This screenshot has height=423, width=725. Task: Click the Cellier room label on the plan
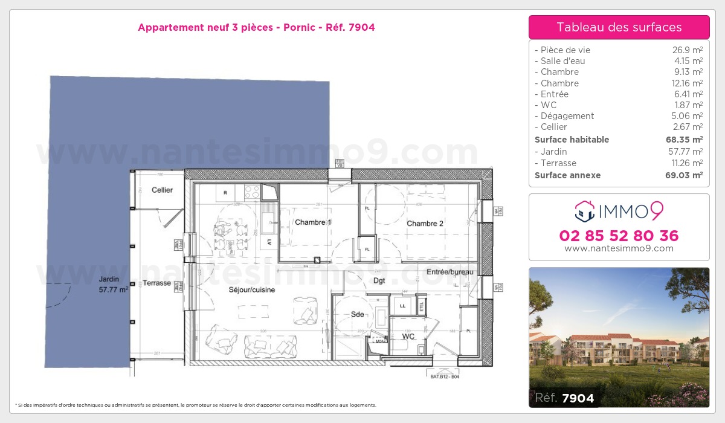[x=162, y=190]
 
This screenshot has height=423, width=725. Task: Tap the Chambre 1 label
[x=313, y=222]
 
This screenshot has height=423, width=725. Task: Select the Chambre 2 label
[x=425, y=224]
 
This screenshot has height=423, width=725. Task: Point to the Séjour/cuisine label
[x=252, y=289]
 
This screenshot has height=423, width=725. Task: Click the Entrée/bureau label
[x=449, y=272]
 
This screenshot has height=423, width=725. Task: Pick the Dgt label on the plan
[x=379, y=281]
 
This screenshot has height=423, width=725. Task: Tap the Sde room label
[x=357, y=314]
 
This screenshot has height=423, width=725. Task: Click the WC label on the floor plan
[x=408, y=336]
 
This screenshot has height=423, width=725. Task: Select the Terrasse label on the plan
[x=156, y=283]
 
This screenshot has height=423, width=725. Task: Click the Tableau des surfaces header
[x=619, y=27]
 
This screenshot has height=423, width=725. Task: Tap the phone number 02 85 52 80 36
[x=619, y=236]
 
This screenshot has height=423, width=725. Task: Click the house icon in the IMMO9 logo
[x=584, y=211]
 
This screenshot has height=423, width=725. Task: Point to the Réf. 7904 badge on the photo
[x=564, y=398]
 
